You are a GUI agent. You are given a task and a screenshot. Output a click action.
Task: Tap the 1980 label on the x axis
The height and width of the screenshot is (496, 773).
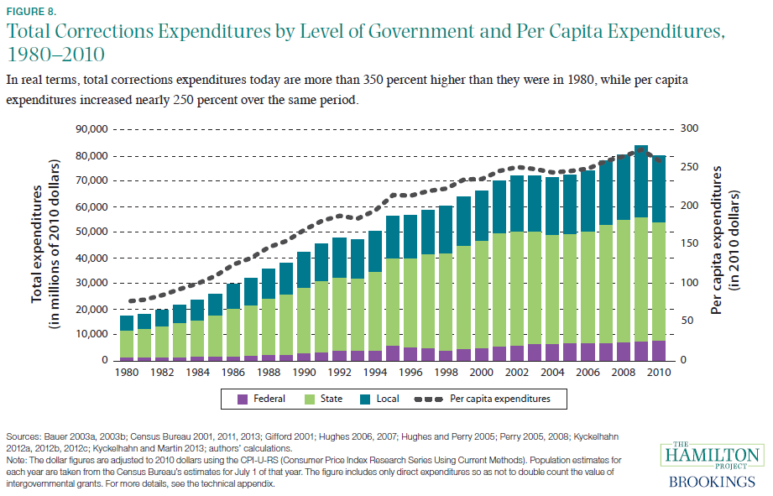tap(127, 372)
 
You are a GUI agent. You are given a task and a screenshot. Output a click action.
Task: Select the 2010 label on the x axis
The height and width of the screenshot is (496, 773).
tap(657, 372)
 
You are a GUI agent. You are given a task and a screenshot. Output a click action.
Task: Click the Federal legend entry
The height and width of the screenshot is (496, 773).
tap(264, 399)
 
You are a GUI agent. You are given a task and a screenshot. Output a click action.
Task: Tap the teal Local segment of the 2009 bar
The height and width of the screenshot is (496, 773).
tap(640, 181)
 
